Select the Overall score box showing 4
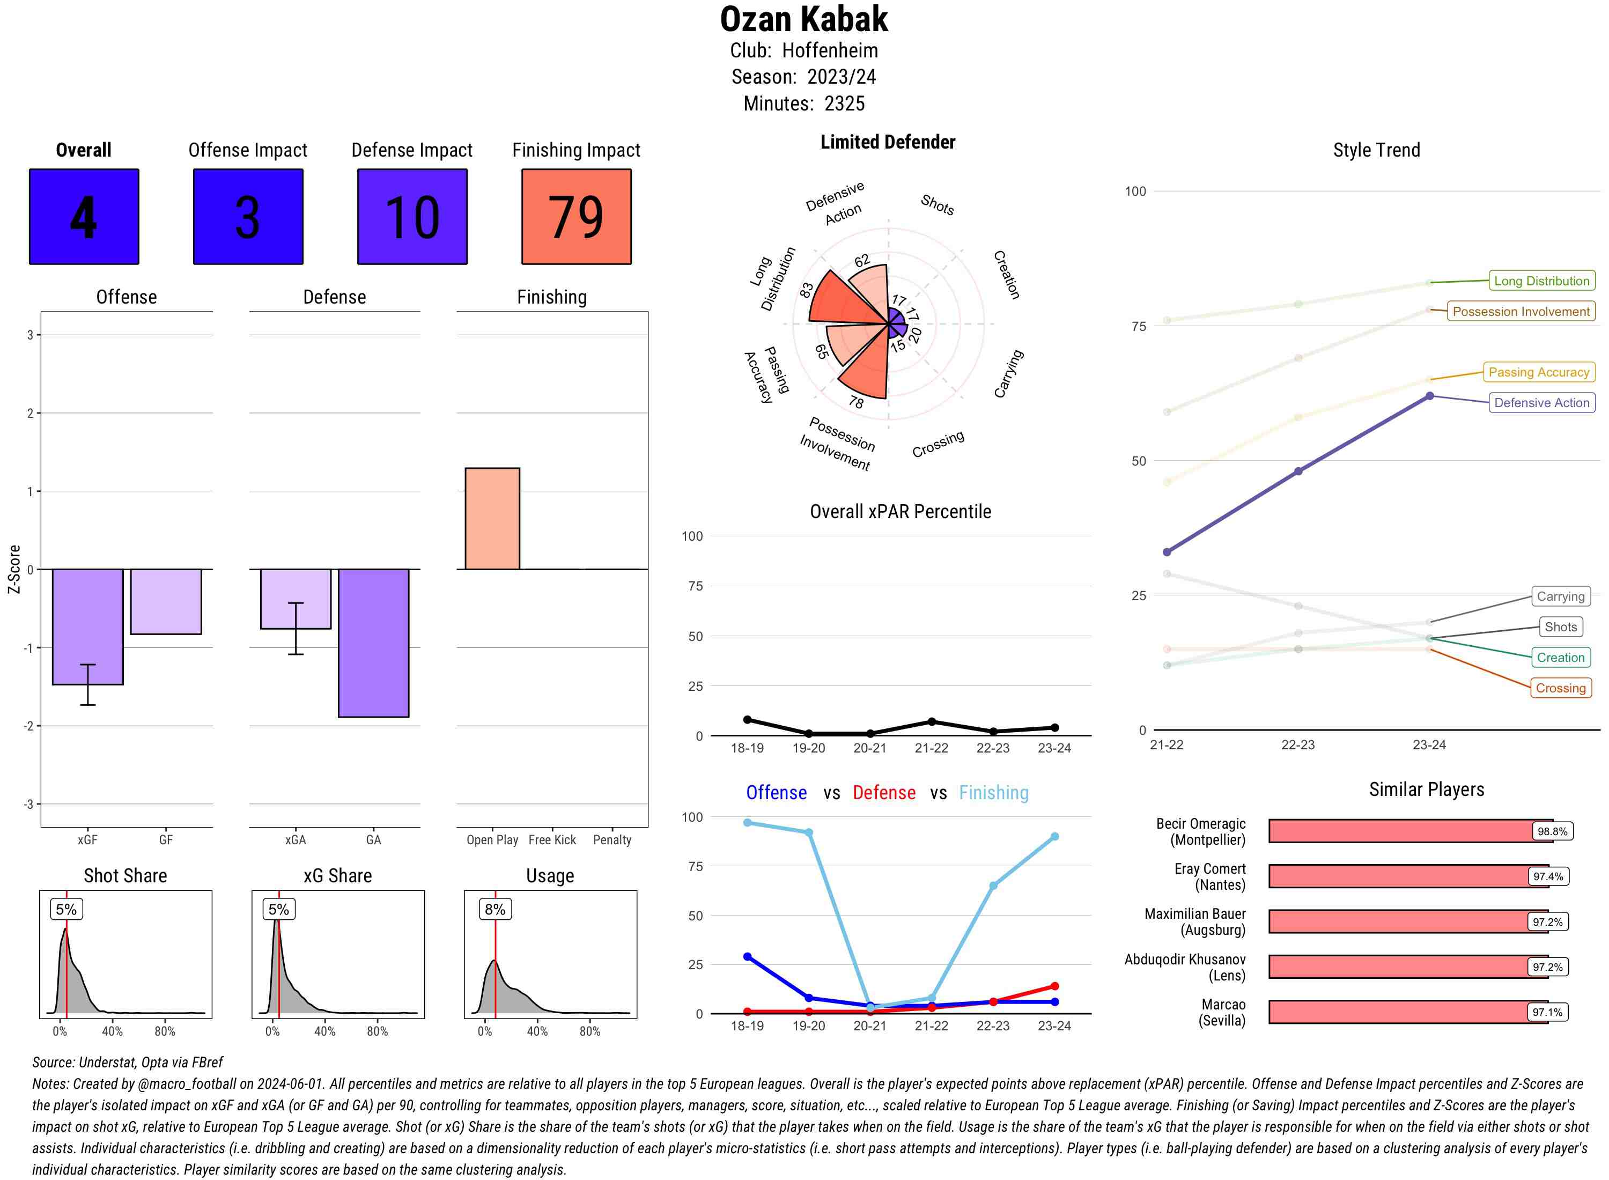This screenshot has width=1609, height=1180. [84, 217]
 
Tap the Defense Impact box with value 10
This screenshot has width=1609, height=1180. [412, 217]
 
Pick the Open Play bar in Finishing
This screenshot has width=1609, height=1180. [492, 519]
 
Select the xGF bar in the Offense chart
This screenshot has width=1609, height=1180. [88, 626]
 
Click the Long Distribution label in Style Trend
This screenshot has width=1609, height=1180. [1541, 281]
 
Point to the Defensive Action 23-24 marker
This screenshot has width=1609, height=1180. [1429, 396]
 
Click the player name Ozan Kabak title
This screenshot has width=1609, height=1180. [803, 19]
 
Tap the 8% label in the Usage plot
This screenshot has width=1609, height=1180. [495, 909]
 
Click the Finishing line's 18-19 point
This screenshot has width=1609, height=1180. [747, 823]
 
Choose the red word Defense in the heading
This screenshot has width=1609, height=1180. [883, 793]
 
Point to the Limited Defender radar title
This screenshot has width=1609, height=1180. [887, 142]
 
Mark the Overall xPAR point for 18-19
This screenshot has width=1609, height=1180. [747, 719]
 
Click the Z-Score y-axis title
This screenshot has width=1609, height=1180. [13, 569]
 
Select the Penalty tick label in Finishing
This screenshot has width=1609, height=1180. [612, 840]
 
